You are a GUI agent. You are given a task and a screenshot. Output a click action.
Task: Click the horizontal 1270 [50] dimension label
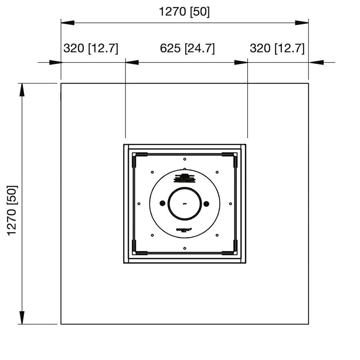pyautogui.click(x=184, y=12)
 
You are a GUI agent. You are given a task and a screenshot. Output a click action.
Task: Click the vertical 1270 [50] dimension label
pyautogui.click(x=13, y=210)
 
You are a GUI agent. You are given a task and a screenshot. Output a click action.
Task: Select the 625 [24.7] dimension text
pyautogui.click(x=187, y=49)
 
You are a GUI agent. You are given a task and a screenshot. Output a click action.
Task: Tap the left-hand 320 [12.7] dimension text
pyautogui.click(x=91, y=49)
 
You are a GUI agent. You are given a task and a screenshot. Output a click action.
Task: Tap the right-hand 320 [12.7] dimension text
pyautogui.click(x=277, y=49)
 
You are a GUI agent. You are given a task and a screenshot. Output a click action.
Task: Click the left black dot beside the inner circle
pyautogui.click(x=162, y=204)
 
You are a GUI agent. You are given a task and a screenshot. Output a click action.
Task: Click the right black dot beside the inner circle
pyautogui.click(x=206, y=204)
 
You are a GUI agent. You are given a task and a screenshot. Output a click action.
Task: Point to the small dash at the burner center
pyautogui.click(x=184, y=204)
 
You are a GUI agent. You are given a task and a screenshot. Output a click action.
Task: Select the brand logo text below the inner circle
pyautogui.click(x=184, y=230)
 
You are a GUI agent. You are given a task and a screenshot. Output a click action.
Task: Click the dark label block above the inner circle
pyautogui.click(x=184, y=178)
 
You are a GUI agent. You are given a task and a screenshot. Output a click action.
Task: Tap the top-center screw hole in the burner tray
pyautogui.click(x=184, y=159)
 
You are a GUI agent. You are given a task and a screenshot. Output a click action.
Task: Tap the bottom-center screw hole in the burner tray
pyautogui.click(x=184, y=248)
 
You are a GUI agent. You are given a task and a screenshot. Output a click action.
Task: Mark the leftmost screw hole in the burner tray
pyautogui.click(x=138, y=204)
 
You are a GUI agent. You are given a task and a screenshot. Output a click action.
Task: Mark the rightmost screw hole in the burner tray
pyautogui.click(x=230, y=204)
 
